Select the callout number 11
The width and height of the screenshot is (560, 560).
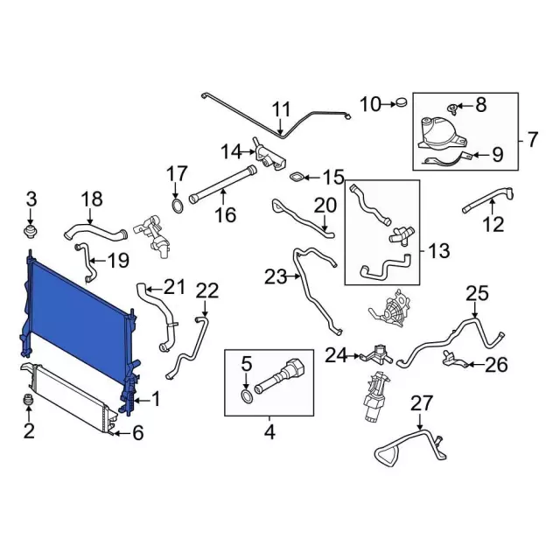(282, 109)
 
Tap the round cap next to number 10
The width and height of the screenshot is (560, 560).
(402, 103)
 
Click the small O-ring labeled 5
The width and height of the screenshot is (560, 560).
(247, 396)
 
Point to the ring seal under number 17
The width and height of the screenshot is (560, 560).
(177, 206)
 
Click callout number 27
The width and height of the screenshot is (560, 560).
(422, 403)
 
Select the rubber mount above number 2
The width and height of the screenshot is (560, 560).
(29, 400)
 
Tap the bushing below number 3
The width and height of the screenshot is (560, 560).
(31, 231)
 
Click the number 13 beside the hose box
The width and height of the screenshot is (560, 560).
(439, 251)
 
